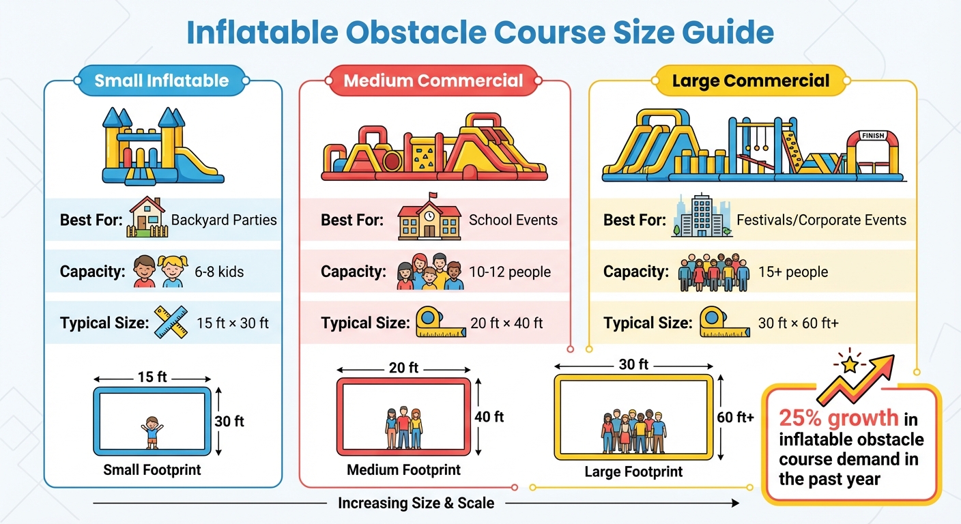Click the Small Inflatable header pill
pyautogui.click(x=162, y=81)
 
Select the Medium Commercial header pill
pyautogui.click(x=433, y=81)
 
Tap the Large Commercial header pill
pyautogui.click(x=751, y=81)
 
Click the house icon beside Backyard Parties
pyautogui.click(x=147, y=218)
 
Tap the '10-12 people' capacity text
pyautogui.click(x=509, y=272)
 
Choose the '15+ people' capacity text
pyautogui.click(x=792, y=272)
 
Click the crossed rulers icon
pyautogui.click(x=171, y=322)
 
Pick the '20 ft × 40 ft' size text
pyautogui.click(x=506, y=323)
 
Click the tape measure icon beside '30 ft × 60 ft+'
pyautogui.click(x=716, y=323)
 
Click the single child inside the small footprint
pyautogui.click(x=152, y=433)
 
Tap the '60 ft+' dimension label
pyautogui.click(x=736, y=416)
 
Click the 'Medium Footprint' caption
pyautogui.click(x=403, y=470)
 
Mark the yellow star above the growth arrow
pyautogui.click(x=850, y=365)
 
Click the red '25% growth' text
pyautogui.click(x=839, y=418)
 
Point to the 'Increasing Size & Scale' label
pyautogui.click(x=416, y=504)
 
